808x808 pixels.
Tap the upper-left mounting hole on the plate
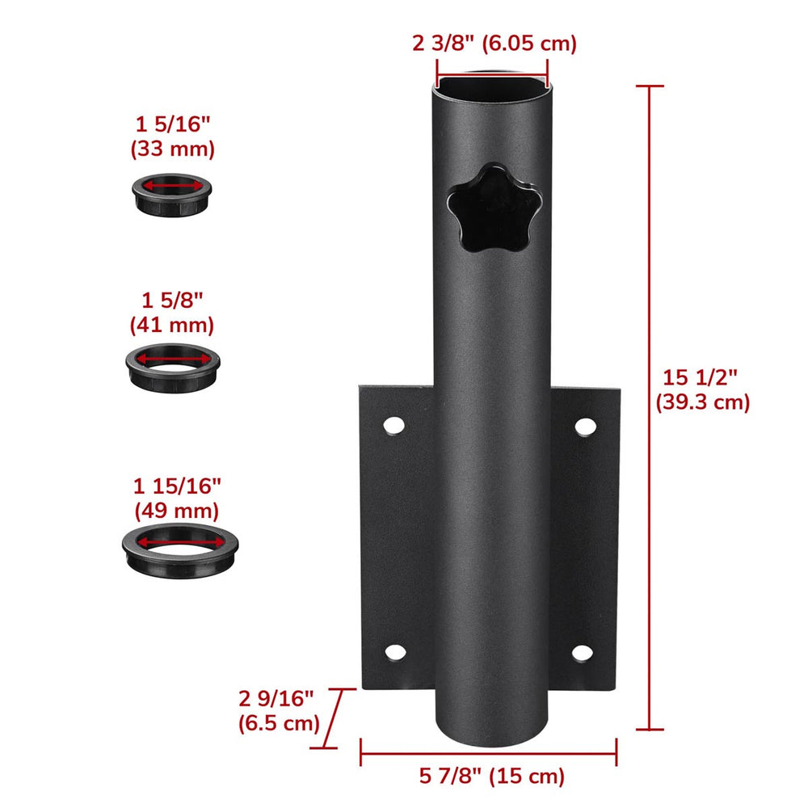(x=393, y=425)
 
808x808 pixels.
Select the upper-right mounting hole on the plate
(x=584, y=425)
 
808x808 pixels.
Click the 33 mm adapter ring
(x=172, y=195)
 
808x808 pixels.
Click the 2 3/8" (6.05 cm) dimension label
(x=494, y=44)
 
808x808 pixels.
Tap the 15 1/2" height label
(x=702, y=389)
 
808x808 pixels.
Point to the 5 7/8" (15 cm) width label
(x=491, y=776)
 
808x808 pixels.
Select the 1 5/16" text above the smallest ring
(x=172, y=124)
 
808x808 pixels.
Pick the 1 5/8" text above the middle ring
(x=172, y=300)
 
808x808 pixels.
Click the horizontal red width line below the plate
(x=488, y=751)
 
